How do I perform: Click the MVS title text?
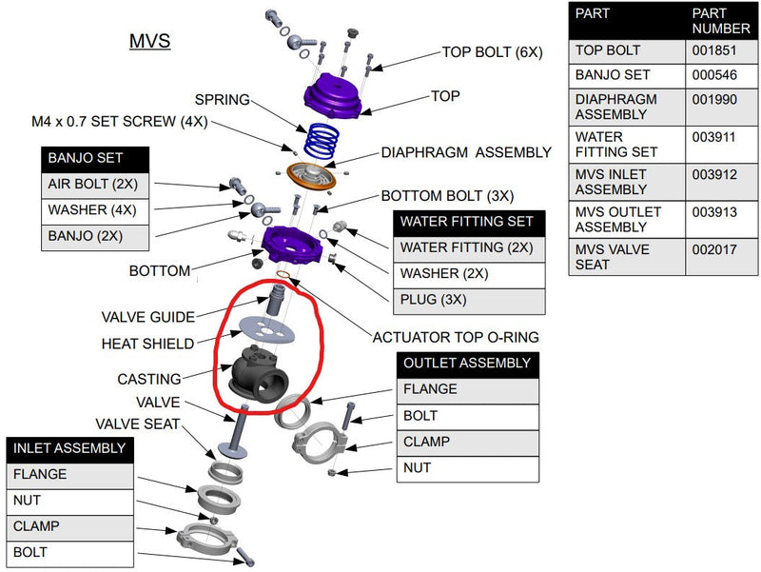(x=149, y=41)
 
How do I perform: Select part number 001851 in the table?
(x=714, y=50)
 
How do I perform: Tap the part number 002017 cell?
(x=714, y=249)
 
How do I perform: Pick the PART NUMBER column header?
(x=721, y=21)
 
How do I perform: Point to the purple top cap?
(x=334, y=95)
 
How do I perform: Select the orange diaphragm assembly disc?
(x=311, y=177)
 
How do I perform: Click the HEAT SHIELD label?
(x=147, y=344)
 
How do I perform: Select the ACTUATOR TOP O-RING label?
(x=456, y=337)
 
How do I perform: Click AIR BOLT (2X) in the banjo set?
(x=92, y=184)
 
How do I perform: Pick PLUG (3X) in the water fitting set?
(x=433, y=299)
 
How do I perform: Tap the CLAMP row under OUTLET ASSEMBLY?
(x=426, y=442)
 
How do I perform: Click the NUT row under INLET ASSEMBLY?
(x=27, y=500)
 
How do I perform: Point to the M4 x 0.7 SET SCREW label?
(x=120, y=122)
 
